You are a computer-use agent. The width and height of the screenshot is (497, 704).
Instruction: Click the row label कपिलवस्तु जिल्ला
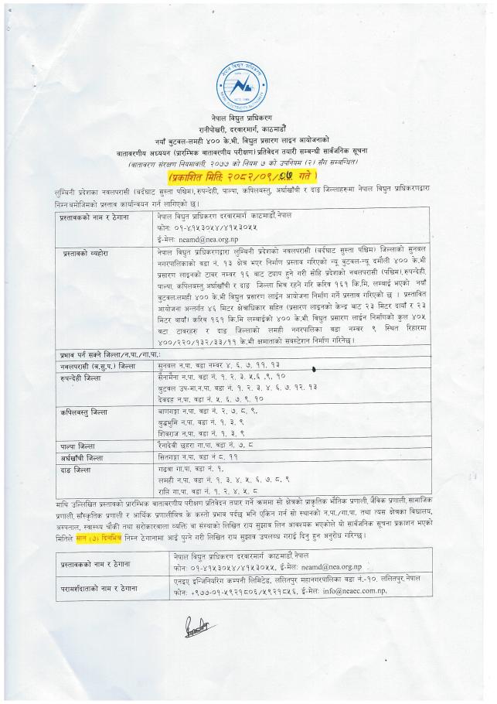84,413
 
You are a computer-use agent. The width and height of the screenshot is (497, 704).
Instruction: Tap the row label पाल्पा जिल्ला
77,446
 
